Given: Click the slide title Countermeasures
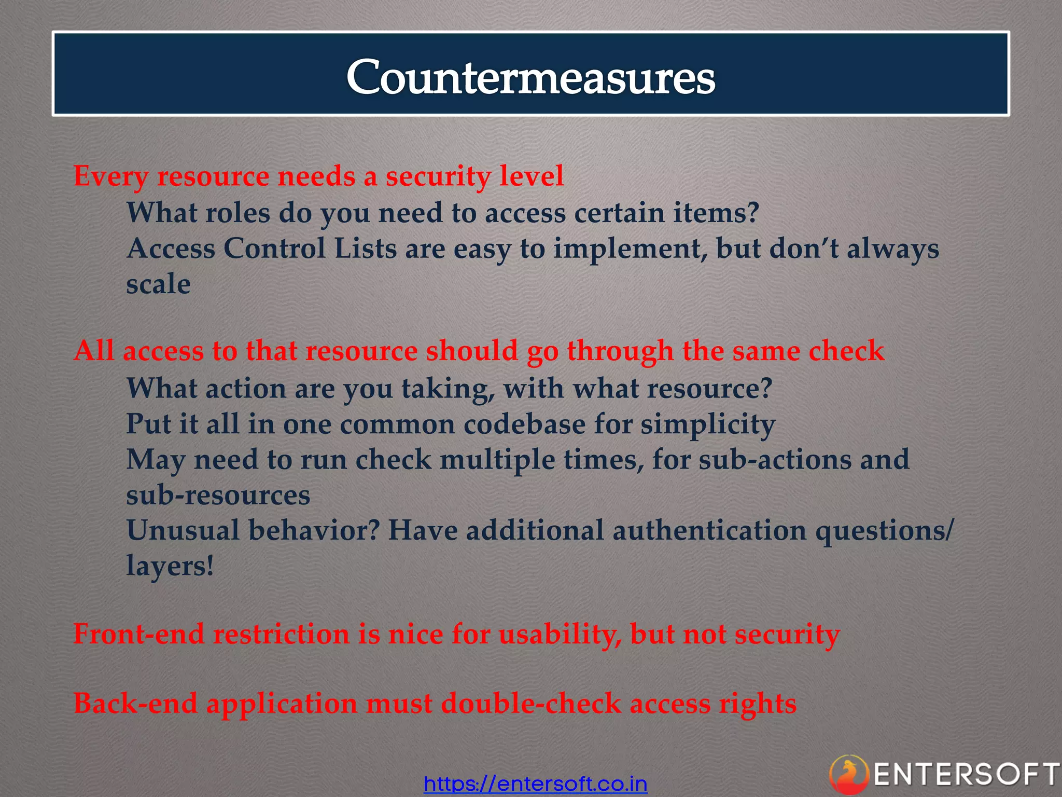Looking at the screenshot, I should click(530, 77).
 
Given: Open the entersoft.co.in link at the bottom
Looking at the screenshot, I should click(535, 783).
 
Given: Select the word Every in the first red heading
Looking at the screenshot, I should click(110, 176).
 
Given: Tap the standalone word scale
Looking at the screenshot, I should click(158, 284).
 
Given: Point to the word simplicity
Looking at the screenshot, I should click(708, 425).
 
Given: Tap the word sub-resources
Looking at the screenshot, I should click(218, 495).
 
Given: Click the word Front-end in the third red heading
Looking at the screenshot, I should click(138, 634).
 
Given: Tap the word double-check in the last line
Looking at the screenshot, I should click(531, 704).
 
